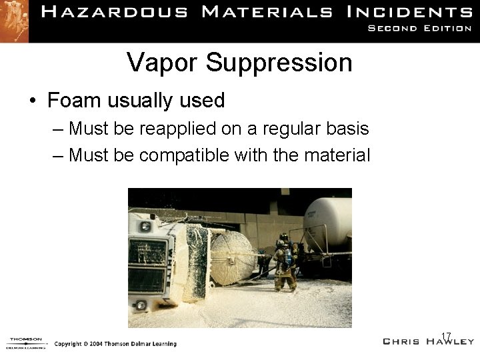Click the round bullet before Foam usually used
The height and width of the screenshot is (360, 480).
pyautogui.click(x=33, y=101)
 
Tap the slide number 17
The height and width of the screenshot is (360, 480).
pyautogui.click(x=447, y=335)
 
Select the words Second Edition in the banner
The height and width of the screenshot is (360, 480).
pyautogui.click(x=419, y=28)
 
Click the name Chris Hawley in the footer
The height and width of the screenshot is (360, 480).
pyautogui.click(x=428, y=341)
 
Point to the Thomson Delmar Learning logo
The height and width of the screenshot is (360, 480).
pyautogui.click(x=25, y=343)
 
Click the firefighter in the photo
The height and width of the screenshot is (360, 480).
pyautogui.click(x=285, y=261)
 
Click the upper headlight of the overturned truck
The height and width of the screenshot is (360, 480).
pyautogui.click(x=145, y=227)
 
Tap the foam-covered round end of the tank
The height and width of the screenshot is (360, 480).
pyautogui.click(x=233, y=259)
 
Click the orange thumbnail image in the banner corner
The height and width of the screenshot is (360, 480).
pyautogui.click(x=14, y=20)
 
